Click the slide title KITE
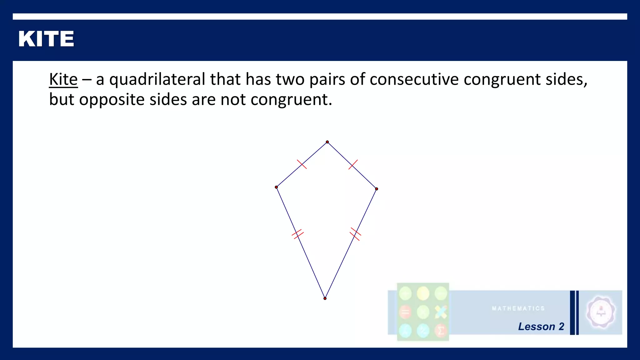[x=46, y=39]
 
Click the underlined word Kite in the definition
[x=63, y=79]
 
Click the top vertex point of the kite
[x=327, y=142]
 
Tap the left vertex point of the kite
[x=276, y=187]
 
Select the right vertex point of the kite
[x=377, y=189]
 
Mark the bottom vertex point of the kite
[x=325, y=298]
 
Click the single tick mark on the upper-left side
[x=302, y=164]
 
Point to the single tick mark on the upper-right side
[x=353, y=165]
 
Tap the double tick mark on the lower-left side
[x=297, y=234]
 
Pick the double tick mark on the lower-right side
[x=355, y=234]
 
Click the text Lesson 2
[x=541, y=327]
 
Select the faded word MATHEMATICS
[x=518, y=308]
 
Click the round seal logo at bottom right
[x=601, y=312]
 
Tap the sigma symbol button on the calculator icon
[x=441, y=331]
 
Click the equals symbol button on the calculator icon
[x=405, y=312]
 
